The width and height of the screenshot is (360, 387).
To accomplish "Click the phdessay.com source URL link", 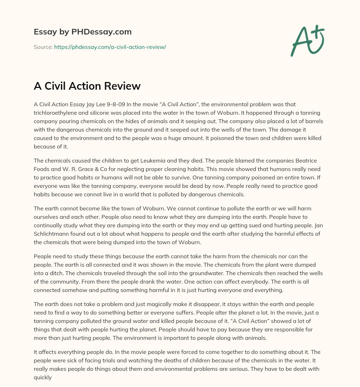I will (110, 47).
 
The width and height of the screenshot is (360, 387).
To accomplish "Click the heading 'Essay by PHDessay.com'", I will (83, 32).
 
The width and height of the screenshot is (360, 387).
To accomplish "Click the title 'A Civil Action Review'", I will (87, 86).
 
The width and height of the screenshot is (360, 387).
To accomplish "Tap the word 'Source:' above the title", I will (43, 47).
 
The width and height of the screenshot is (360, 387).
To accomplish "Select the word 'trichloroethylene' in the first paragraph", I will (55, 113).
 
